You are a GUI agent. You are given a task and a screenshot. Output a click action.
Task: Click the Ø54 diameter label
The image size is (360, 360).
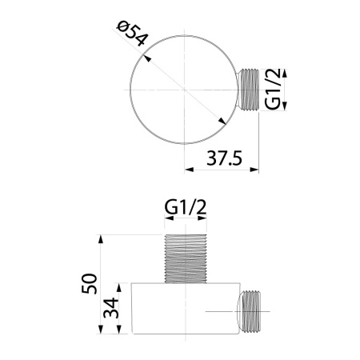pyautogui.click(x=132, y=38)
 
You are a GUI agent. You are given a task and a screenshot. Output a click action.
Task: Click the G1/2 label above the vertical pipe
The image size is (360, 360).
pyautogui.click(x=186, y=208)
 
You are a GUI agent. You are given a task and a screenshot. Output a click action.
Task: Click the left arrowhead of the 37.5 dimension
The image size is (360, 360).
pyautogui.click(x=188, y=169)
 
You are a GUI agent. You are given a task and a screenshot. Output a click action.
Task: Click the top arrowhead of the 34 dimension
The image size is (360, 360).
pyautogui.click(x=119, y=286)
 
